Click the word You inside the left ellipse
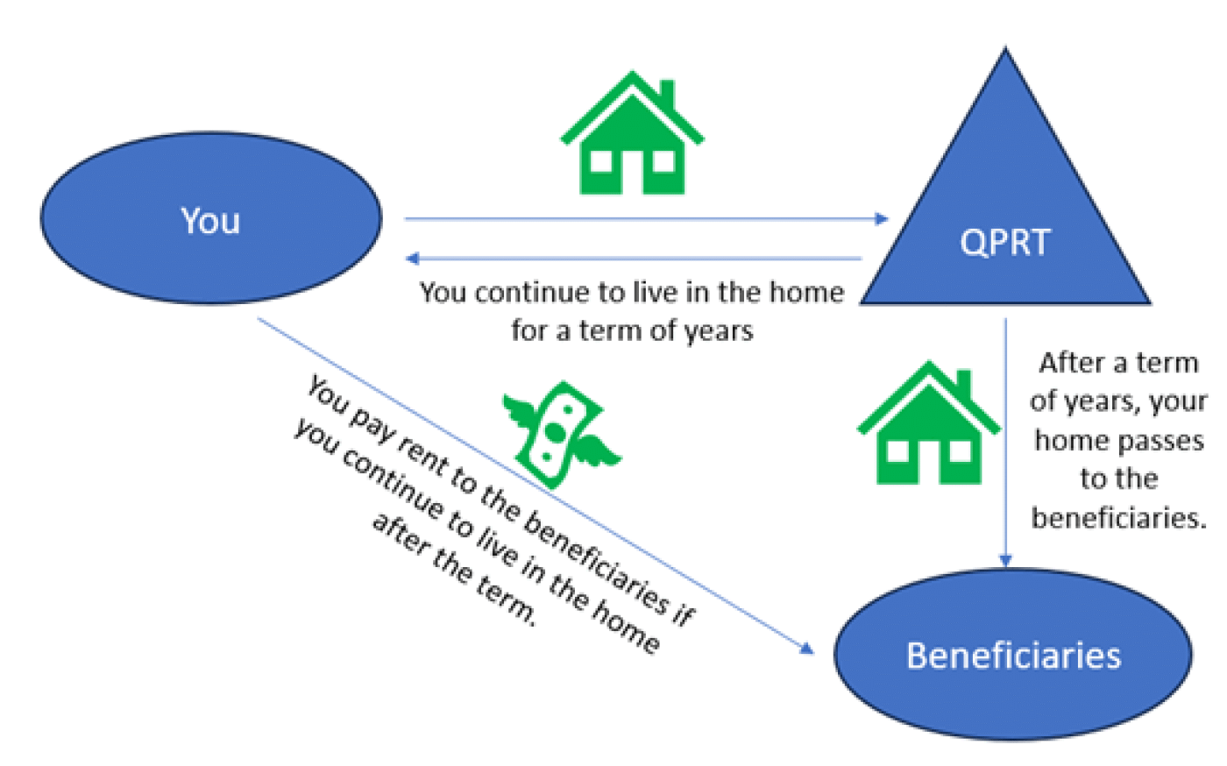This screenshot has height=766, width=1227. point(210,221)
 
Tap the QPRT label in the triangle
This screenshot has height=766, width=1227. point(1005,242)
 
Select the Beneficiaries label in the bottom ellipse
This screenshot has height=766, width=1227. point(1014,656)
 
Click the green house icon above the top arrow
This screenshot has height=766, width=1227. point(632,132)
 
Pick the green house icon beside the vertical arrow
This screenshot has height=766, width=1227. point(928,422)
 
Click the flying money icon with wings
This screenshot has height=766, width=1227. point(561,435)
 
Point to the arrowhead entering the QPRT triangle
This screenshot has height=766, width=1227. point(882,219)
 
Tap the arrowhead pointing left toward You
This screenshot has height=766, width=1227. point(412,258)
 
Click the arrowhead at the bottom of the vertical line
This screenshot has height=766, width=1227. point(1005,560)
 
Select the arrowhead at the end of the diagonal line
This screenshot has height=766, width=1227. point(807,649)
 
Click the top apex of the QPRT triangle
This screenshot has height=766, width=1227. point(1005,48)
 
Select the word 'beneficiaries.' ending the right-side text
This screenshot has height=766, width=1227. point(1119,518)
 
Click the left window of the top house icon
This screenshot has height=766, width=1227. point(601,161)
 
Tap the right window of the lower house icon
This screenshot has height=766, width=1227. point(960,451)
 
